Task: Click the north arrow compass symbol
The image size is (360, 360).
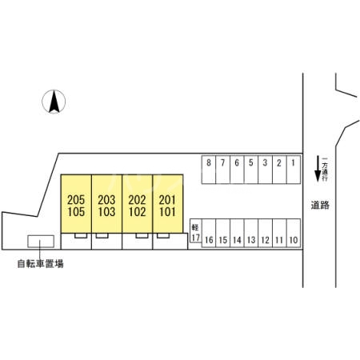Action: tap(54, 102)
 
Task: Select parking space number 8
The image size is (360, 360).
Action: tap(209, 170)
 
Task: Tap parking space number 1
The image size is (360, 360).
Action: tap(294, 170)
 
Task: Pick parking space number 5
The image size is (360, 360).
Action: tap(251, 170)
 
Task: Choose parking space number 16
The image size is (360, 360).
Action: tap(209, 233)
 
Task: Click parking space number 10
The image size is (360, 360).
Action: tap(294, 233)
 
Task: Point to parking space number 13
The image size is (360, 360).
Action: tap(251, 233)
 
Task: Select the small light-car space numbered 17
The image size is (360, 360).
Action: tap(195, 230)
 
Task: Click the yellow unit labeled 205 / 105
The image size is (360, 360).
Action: tap(76, 204)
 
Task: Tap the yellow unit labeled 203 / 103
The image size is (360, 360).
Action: tap(107, 204)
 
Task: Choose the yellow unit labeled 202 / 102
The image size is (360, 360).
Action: tap(138, 204)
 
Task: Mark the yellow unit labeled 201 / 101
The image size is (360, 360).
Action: tap(168, 204)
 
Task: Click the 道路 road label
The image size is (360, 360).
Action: tap(320, 205)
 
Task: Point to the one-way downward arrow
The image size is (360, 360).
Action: tap(318, 169)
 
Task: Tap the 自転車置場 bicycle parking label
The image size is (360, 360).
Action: tap(40, 264)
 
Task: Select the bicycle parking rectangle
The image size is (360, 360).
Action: tap(41, 241)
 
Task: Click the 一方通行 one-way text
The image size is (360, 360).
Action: tap(325, 170)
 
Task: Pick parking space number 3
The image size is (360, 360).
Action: tap(265, 170)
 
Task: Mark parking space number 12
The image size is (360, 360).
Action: tap(265, 233)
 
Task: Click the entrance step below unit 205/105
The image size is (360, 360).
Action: tap(81, 236)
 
